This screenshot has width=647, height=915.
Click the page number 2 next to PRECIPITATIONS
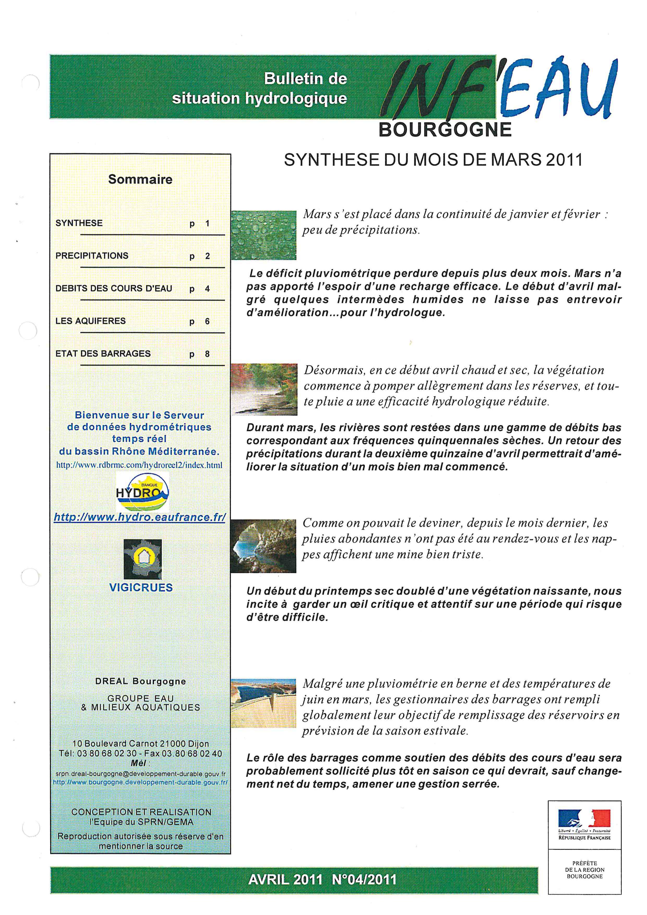(x=208, y=256)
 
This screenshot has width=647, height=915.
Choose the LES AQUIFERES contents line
(x=91, y=321)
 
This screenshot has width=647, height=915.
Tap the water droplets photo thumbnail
(x=264, y=235)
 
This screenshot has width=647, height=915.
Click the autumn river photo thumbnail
(x=264, y=389)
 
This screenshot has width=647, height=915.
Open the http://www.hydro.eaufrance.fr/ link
(x=140, y=518)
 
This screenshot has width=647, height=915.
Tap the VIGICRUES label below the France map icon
(x=141, y=587)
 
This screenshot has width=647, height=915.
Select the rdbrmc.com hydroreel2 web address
(x=139, y=465)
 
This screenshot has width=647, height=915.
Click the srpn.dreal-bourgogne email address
(x=141, y=774)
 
